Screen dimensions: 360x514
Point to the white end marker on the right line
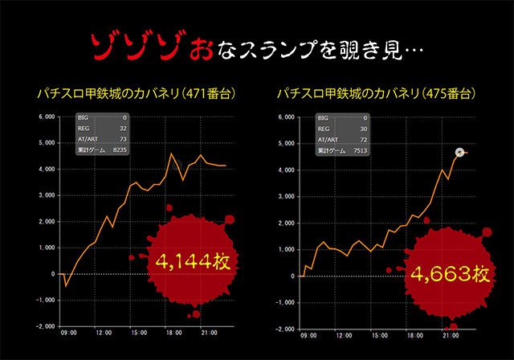click(459, 153)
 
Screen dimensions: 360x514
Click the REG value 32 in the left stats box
click(122, 128)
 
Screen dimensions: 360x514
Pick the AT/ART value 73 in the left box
click(122, 138)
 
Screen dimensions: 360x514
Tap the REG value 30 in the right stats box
click(361, 129)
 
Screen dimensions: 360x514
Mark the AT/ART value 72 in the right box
click(361, 139)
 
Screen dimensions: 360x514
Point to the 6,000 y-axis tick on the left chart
click(46, 117)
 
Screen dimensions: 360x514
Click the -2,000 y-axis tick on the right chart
click(285, 329)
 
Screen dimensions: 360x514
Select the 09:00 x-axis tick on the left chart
click(68, 333)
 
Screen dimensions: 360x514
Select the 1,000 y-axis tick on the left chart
click(46, 247)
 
